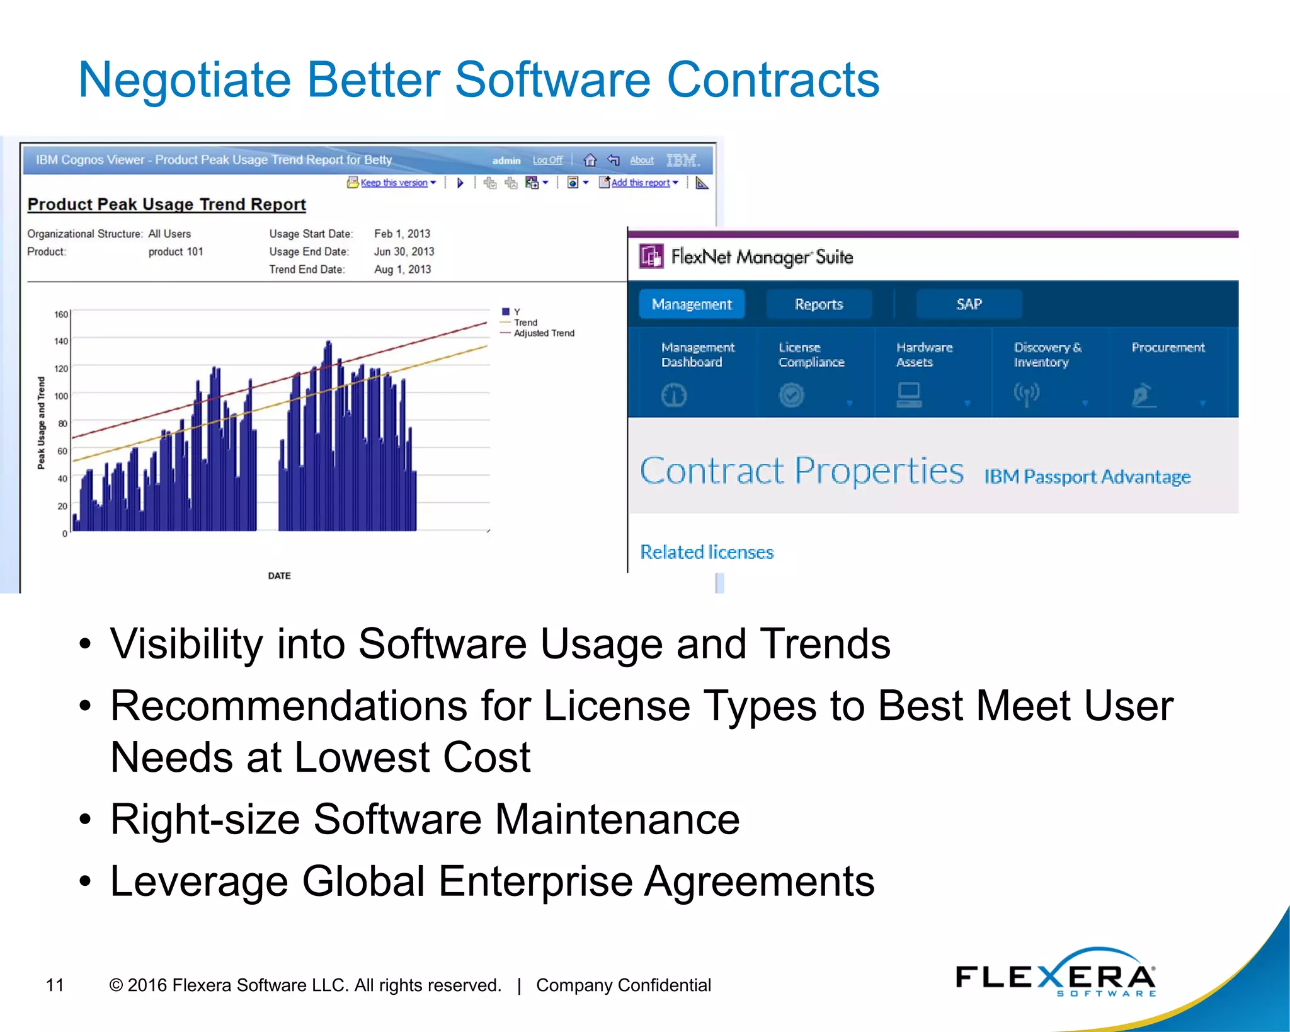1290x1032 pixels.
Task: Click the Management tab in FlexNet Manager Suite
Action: [691, 304]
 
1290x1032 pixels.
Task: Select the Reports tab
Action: [818, 304]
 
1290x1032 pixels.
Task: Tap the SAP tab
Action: [969, 304]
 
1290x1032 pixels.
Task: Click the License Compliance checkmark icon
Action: [791, 395]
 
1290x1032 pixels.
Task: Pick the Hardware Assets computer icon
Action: [909, 395]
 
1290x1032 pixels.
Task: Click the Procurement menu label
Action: [1168, 348]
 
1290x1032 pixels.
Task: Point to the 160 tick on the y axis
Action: [61, 314]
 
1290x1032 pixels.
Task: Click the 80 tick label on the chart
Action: [62, 423]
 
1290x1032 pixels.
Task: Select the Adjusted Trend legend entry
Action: [544, 333]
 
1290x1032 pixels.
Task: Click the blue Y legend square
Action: [505, 311]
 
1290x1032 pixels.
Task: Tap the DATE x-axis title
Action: [279, 576]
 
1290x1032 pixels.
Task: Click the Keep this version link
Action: [394, 183]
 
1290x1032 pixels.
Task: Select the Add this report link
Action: [640, 183]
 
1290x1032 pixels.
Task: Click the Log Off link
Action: [547, 160]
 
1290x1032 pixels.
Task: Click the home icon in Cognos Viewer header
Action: [590, 160]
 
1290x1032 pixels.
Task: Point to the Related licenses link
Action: [707, 552]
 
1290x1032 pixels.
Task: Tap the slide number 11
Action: [55, 985]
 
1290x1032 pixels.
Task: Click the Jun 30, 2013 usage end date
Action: [404, 251]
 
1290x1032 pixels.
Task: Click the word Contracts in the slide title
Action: [773, 80]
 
